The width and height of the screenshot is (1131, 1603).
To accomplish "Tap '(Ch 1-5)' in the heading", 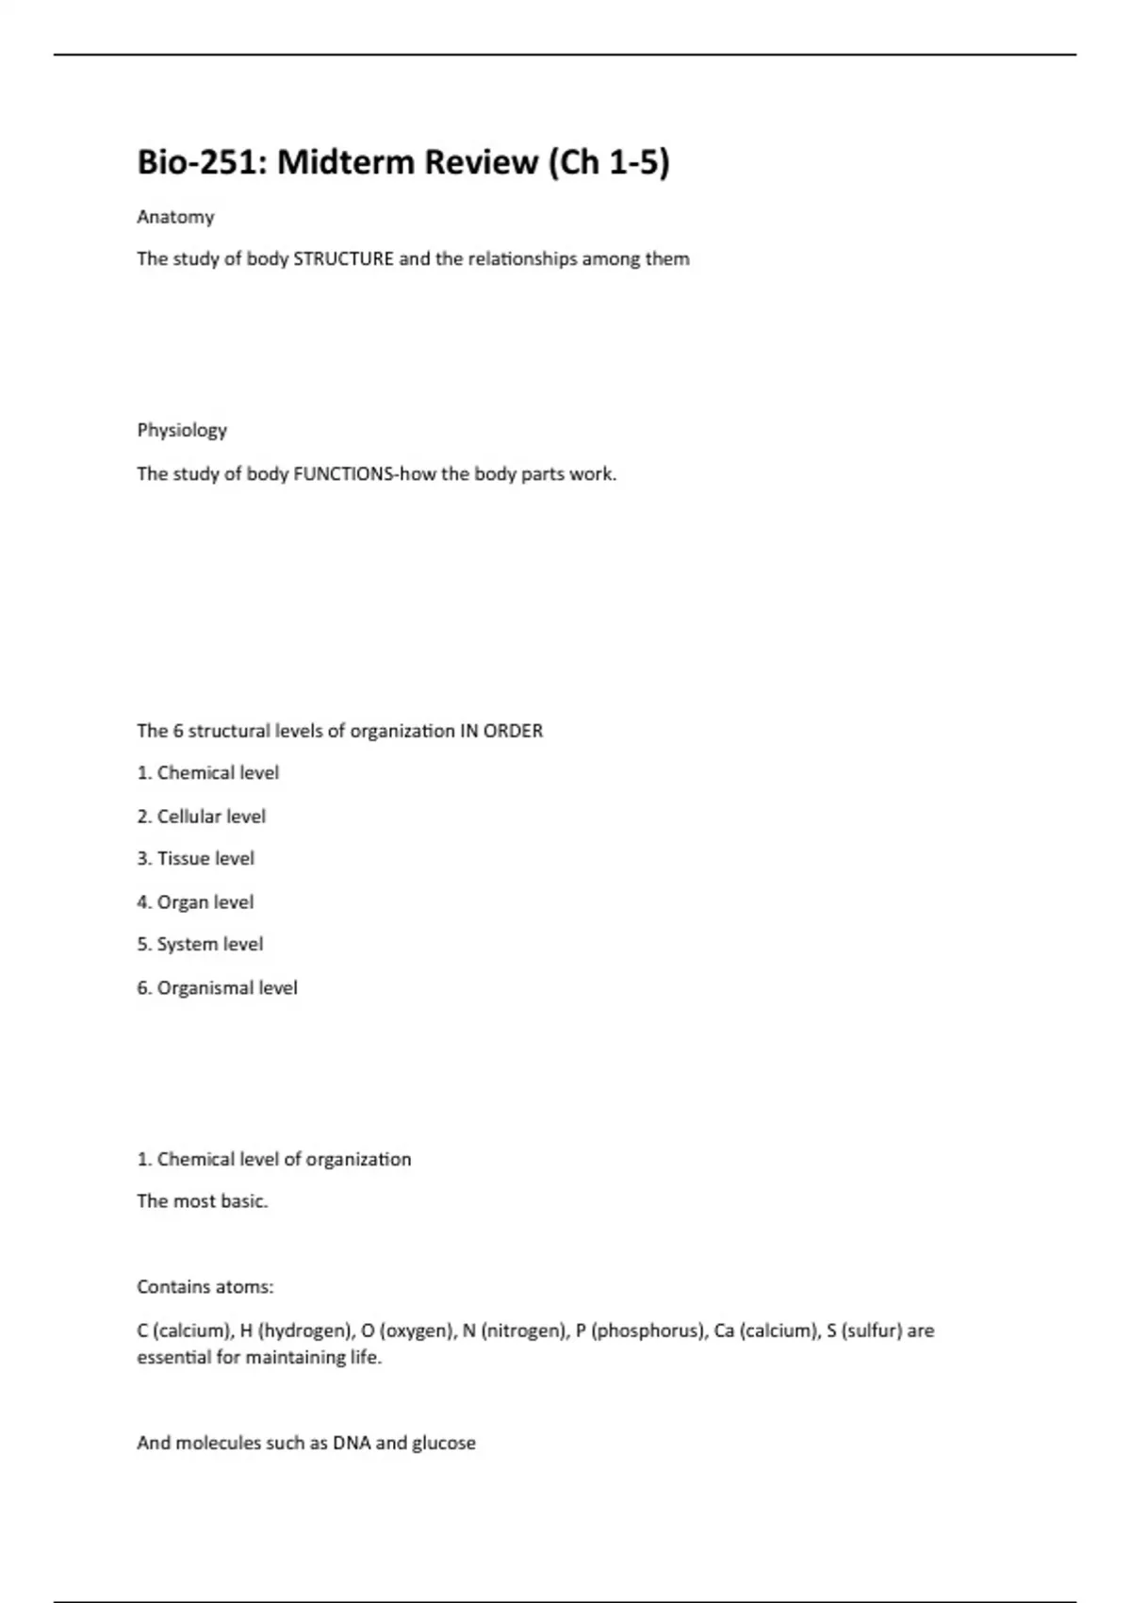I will coord(609,162).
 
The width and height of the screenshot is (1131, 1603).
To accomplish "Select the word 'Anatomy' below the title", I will coord(175,217).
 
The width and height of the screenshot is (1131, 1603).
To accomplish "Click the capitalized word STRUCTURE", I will coord(343,259).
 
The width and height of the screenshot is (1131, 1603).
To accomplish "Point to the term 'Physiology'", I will coord(182,430).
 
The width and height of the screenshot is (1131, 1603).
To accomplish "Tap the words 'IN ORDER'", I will coord(500,731).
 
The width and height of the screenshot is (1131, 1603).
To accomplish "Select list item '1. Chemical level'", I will coord(207,773).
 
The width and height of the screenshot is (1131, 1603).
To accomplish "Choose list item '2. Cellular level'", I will coord(201,817).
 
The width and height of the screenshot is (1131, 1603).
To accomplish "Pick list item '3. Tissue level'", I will coord(195,859).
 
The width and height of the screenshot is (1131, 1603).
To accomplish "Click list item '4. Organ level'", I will coord(195,902).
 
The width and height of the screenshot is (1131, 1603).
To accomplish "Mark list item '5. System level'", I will coord(200,944).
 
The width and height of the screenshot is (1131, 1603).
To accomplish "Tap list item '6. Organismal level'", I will coord(217,988).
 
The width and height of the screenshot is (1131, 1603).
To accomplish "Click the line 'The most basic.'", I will coord(202,1201).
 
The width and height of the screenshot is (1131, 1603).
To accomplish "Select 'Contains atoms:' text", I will coord(205,1287).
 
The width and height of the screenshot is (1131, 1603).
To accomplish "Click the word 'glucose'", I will coord(444,1444).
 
